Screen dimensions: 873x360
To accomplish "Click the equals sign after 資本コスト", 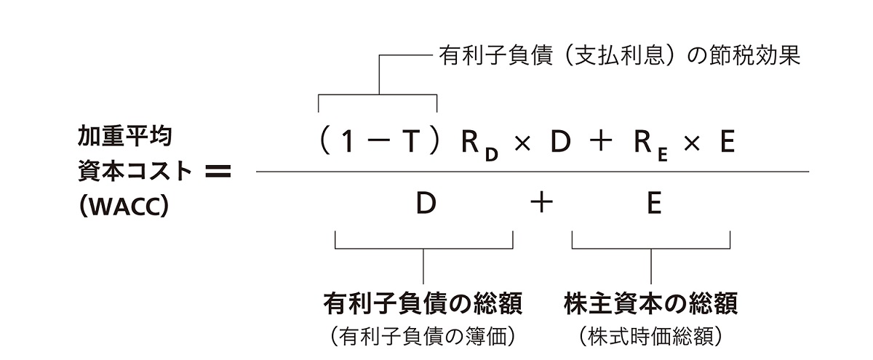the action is point(218,171).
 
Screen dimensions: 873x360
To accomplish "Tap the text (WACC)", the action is point(124,206).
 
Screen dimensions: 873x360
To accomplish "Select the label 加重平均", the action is point(124,136).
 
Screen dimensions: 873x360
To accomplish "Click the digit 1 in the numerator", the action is point(348,141).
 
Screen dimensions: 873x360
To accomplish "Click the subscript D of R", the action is point(492,155).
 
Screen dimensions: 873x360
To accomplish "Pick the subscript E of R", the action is point(663,155).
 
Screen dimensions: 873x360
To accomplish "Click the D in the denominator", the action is point(426,203).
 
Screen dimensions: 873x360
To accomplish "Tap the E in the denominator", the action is point(654,203).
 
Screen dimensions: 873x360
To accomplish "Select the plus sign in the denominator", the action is point(542,204).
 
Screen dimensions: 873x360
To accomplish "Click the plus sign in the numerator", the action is point(601,140).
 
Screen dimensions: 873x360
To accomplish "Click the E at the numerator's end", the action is point(727,141).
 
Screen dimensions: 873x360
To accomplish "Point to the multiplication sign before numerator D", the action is point(522,144).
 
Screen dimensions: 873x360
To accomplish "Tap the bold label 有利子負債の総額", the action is point(423,303).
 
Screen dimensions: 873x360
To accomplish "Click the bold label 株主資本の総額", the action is point(650,303).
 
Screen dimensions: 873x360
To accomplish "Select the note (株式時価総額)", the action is point(650,336).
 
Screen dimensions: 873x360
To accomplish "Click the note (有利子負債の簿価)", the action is point(423,336).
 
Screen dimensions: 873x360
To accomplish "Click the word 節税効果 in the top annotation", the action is point(760,55).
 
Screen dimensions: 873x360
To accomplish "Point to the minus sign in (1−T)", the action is point(378,141).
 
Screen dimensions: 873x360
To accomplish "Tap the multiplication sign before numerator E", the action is point(692,144).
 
